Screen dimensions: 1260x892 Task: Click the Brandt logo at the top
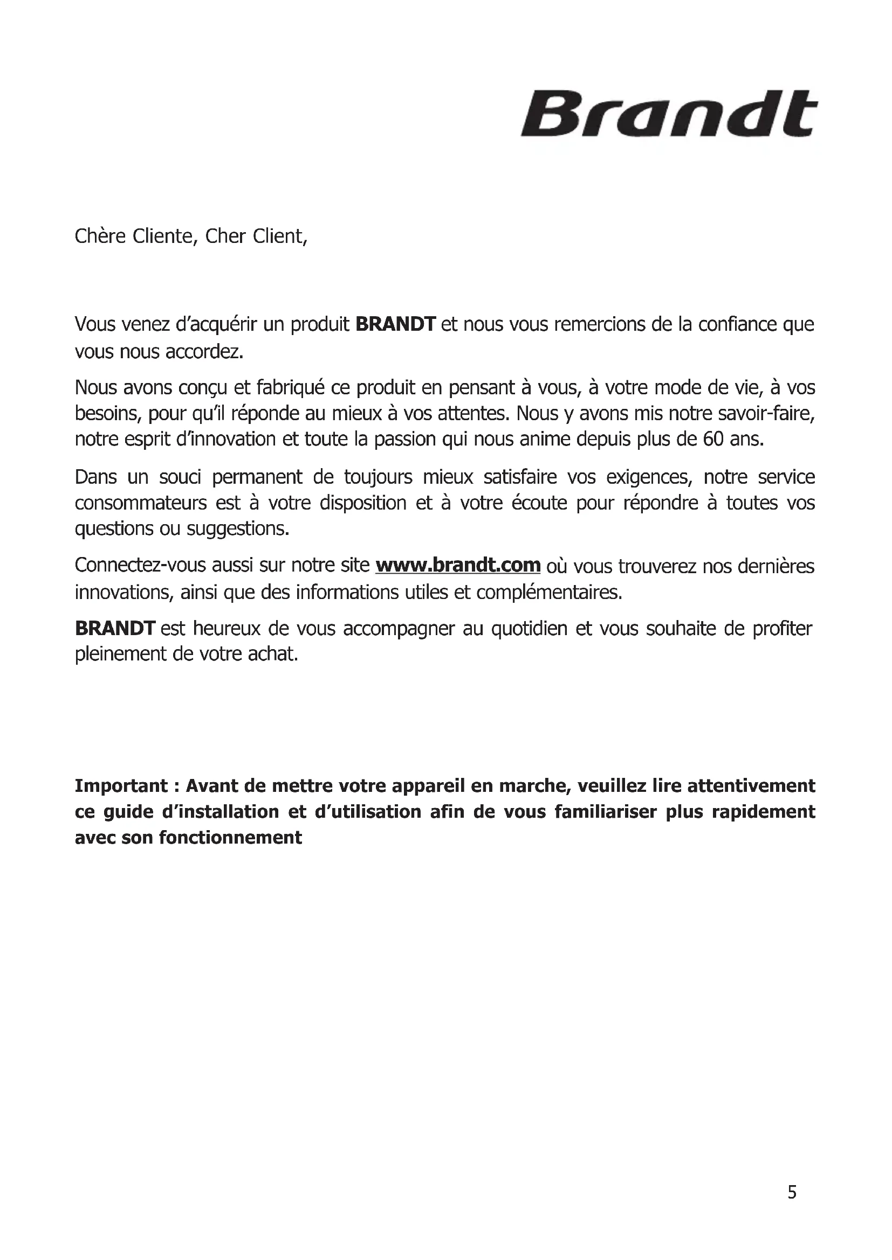click(668, 115)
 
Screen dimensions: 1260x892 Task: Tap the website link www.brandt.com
click(457, 565)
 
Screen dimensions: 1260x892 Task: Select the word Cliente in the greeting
click(164, 236)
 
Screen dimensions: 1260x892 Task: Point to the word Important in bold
click(121, 786)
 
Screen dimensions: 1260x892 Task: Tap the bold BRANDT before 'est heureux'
click(115, 628)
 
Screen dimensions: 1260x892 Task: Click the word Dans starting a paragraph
click(96, 477)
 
